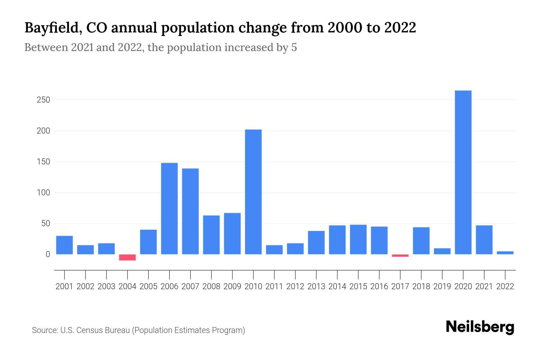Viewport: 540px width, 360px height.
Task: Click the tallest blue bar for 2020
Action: click(463, 172)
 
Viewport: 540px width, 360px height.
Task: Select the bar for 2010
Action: click(253, 192)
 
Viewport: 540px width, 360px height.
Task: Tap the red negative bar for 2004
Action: click(127, 257)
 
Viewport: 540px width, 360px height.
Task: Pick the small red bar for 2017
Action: click(400, 256)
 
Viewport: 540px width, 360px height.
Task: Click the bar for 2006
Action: click(169, 208)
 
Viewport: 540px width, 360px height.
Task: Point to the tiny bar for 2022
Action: click(505, 253)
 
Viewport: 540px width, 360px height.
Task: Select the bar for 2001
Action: click(64, 245)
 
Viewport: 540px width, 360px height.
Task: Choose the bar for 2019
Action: click(442, 251)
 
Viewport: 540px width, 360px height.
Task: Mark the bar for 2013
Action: click(316, 243)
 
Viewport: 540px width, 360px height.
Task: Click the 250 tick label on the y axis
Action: click(43, 100)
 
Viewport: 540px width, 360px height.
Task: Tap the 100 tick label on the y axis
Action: click(43, 193)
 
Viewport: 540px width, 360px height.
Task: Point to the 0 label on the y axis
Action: click(48, 254)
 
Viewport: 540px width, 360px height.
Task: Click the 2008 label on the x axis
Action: click(211, 286)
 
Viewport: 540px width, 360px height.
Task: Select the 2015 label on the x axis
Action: click(358, 286)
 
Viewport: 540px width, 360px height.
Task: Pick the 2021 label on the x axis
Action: click(484, 286)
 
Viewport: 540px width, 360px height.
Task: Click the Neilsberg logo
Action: click(480, 327)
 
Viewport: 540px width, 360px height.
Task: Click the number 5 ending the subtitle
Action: click(294, 47)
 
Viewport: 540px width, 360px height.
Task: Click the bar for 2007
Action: click(190, 211)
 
